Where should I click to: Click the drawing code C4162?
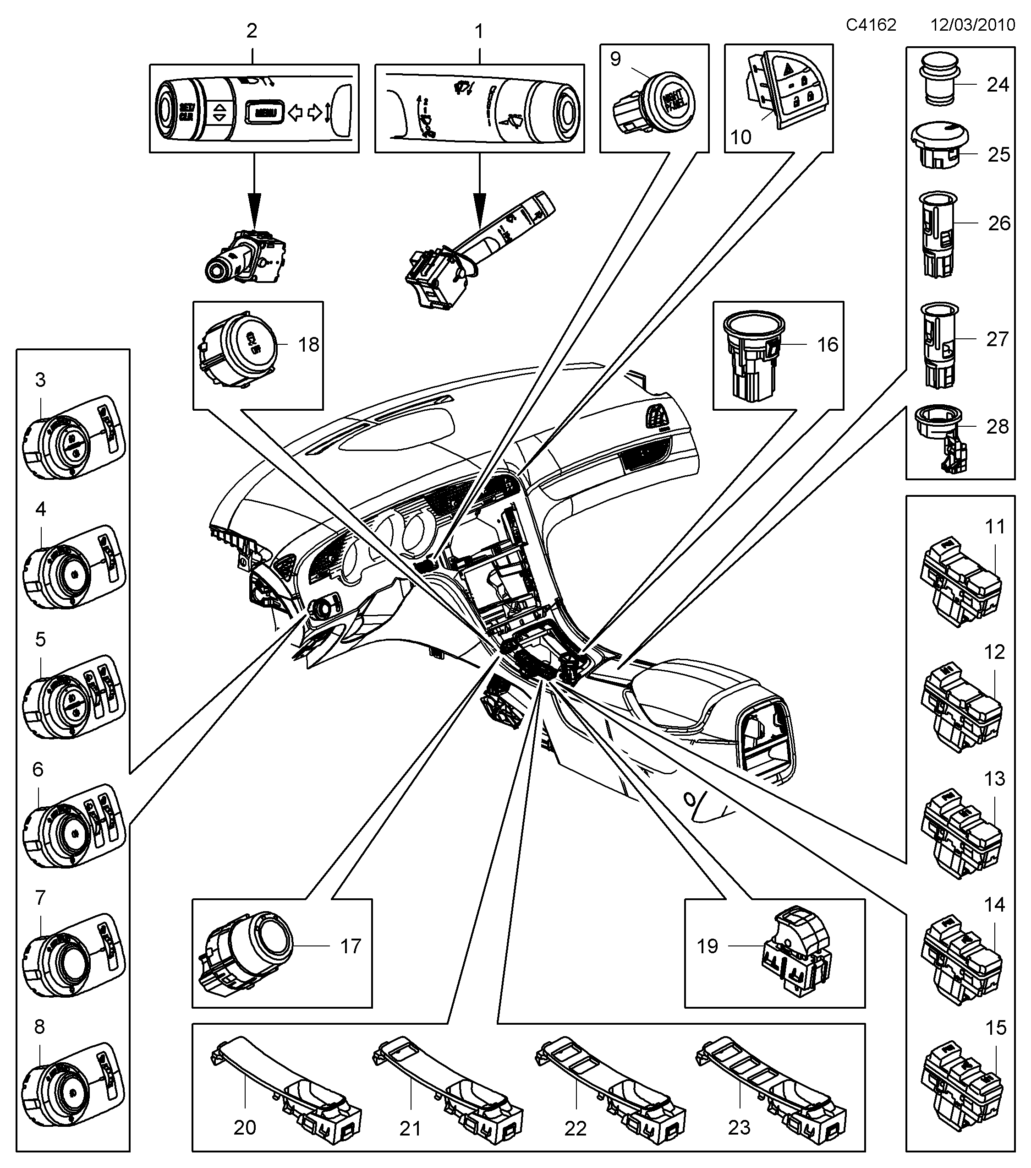(x=871, y=25)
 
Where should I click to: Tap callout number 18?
(x=309, y=345)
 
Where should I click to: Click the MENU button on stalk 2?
(x=265, y=113)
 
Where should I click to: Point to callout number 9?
(x=615, y=59)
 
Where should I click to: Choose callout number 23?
(x=739, y=1127)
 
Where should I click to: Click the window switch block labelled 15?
(x=961, y=1085)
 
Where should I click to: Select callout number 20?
(x=245, y=1127)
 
